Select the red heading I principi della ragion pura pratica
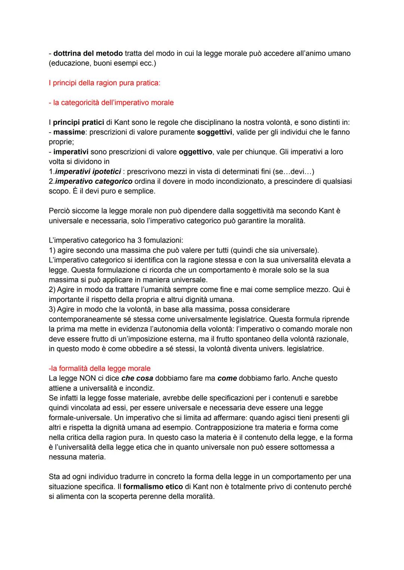104,83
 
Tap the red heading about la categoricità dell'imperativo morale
111,102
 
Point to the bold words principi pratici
78,122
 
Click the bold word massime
69,132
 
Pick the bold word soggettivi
214,132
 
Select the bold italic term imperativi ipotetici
88,172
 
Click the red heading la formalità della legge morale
100,369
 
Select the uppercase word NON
88,378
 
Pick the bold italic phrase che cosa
137,378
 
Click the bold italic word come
227,378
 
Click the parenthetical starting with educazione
102,63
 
